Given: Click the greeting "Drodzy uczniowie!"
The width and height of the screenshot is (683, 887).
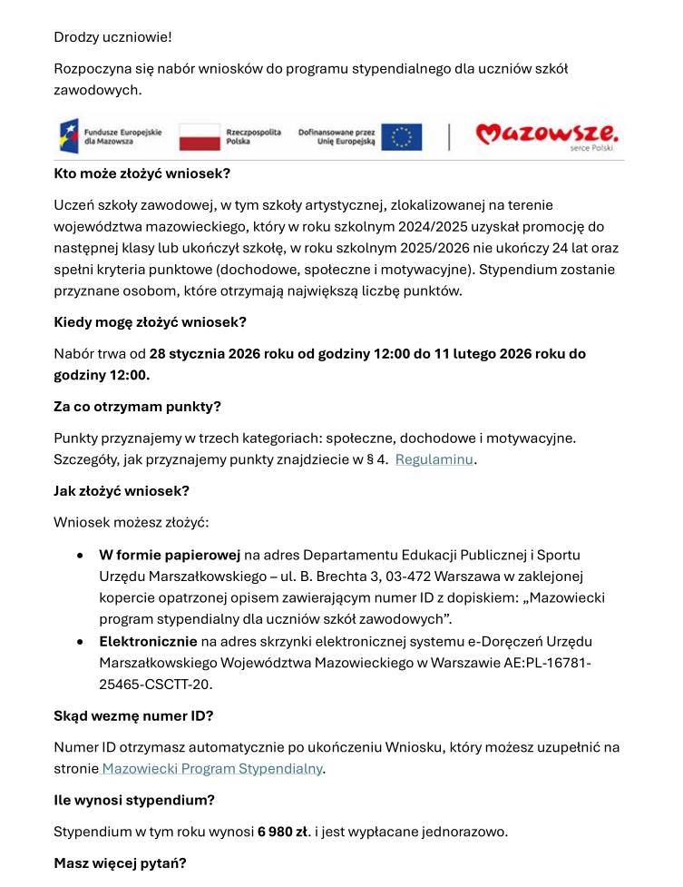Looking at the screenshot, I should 112,37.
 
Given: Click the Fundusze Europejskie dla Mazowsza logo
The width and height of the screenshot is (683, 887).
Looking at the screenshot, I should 109,137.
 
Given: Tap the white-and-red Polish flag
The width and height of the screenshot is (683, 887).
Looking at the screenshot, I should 200,137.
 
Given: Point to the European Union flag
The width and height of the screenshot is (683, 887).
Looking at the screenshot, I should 402,137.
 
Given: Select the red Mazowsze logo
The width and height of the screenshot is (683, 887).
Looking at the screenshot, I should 547,136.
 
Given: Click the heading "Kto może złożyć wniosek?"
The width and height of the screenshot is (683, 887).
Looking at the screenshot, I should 141,173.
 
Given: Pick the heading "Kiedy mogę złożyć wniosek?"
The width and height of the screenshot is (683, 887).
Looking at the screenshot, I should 150,322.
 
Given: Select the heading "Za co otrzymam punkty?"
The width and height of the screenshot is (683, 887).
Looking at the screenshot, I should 137,407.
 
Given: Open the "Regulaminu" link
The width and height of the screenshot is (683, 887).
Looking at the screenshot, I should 434,459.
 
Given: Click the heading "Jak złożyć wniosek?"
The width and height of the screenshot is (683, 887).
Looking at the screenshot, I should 122,491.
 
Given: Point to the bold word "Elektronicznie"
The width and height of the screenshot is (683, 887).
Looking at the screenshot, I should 148,641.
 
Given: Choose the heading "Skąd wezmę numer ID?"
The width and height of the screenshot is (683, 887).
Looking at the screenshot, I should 133,715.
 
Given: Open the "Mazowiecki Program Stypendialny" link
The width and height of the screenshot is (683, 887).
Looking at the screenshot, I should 212,768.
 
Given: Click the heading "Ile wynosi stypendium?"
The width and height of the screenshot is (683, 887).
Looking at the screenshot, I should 134,800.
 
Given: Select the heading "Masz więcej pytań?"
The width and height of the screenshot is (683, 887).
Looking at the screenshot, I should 120,863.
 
